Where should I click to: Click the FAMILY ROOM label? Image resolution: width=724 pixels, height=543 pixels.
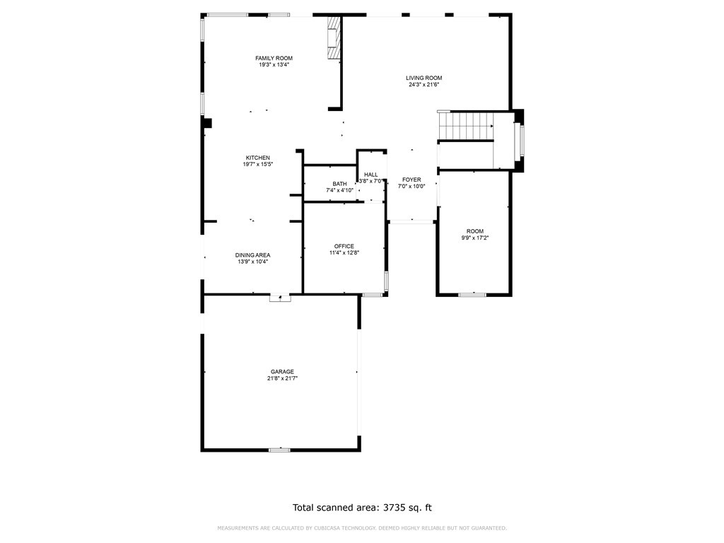[274, 58]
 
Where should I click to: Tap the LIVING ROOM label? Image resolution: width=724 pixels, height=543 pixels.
[424, 78]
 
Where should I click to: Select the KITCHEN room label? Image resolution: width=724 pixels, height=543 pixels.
[257, 158]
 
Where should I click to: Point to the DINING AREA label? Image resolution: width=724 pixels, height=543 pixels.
[252, 255]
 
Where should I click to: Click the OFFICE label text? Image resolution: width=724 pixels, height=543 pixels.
[344, 247]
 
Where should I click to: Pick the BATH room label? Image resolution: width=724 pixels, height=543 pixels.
[339, 185]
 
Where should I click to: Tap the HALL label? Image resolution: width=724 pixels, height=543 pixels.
[370, 175]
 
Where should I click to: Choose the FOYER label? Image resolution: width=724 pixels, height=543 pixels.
[411, 180]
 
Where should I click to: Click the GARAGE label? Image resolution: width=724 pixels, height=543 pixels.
[282, 372]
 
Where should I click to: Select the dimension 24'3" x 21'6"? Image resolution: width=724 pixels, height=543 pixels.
[424, 85]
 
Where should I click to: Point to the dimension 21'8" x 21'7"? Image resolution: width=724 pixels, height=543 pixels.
[282, 378]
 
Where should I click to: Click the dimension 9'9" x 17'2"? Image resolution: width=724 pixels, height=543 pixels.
[474, 238]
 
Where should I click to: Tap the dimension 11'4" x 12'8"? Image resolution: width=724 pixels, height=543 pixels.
[344, 253]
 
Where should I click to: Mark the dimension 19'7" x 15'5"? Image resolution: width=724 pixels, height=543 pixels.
[257, 164]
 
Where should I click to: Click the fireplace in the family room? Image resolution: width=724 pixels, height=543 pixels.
[333, 38]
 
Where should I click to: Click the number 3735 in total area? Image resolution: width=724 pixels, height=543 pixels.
[393, 508]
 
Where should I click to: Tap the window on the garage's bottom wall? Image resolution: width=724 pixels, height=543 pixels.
[279, 450]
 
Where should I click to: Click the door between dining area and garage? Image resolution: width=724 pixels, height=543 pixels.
[280, 298]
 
